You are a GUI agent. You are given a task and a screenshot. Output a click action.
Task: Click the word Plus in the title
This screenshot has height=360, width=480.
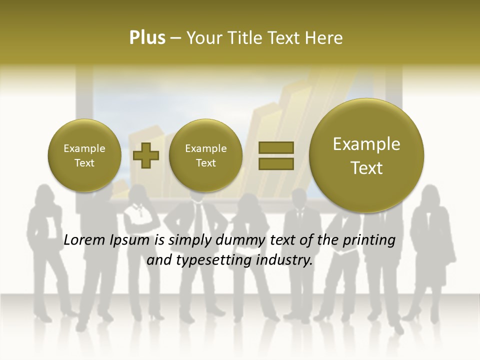click(x=147, y=38)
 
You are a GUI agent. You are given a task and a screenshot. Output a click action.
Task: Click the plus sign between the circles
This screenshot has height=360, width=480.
click(x=146, y=155)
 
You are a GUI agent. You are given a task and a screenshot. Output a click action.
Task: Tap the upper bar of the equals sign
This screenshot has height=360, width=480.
click(x=275, y=147)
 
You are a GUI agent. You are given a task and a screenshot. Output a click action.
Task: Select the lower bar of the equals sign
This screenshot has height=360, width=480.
click(x=275, y=163)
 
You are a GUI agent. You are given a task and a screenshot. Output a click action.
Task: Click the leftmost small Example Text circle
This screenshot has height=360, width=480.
click(x=84, y=155)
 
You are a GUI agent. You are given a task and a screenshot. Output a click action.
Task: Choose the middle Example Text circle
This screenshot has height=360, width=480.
click(x=206, y=155)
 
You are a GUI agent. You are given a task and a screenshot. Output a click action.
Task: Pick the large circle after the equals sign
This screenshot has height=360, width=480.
click(x=366, y=155)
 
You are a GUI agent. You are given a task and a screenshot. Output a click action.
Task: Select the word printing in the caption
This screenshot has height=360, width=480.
click(x=369, y=241)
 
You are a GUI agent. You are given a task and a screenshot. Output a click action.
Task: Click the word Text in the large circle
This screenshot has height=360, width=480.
click(x=366, y=167)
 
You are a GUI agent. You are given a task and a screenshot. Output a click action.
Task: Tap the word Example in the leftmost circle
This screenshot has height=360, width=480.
click(x=84, y=148)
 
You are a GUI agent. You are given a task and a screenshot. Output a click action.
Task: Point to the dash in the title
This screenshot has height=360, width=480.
click(x=175, y=38)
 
